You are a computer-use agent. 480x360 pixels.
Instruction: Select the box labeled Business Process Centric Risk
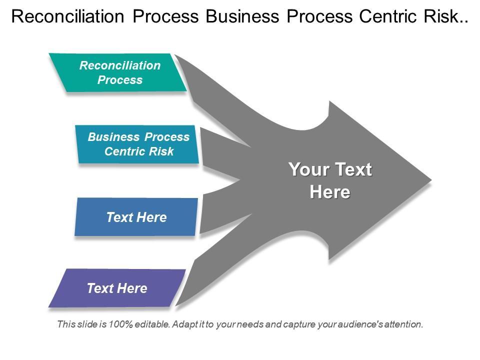pos(138,144)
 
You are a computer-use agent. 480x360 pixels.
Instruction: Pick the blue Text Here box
pos(136,217)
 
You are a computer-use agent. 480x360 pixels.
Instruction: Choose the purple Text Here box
pos(117,288)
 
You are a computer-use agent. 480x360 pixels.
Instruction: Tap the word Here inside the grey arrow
pos(330,192)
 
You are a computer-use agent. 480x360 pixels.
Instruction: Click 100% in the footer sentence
pos(121,324)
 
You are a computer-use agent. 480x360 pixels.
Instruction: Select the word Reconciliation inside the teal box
pos(120,66)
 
